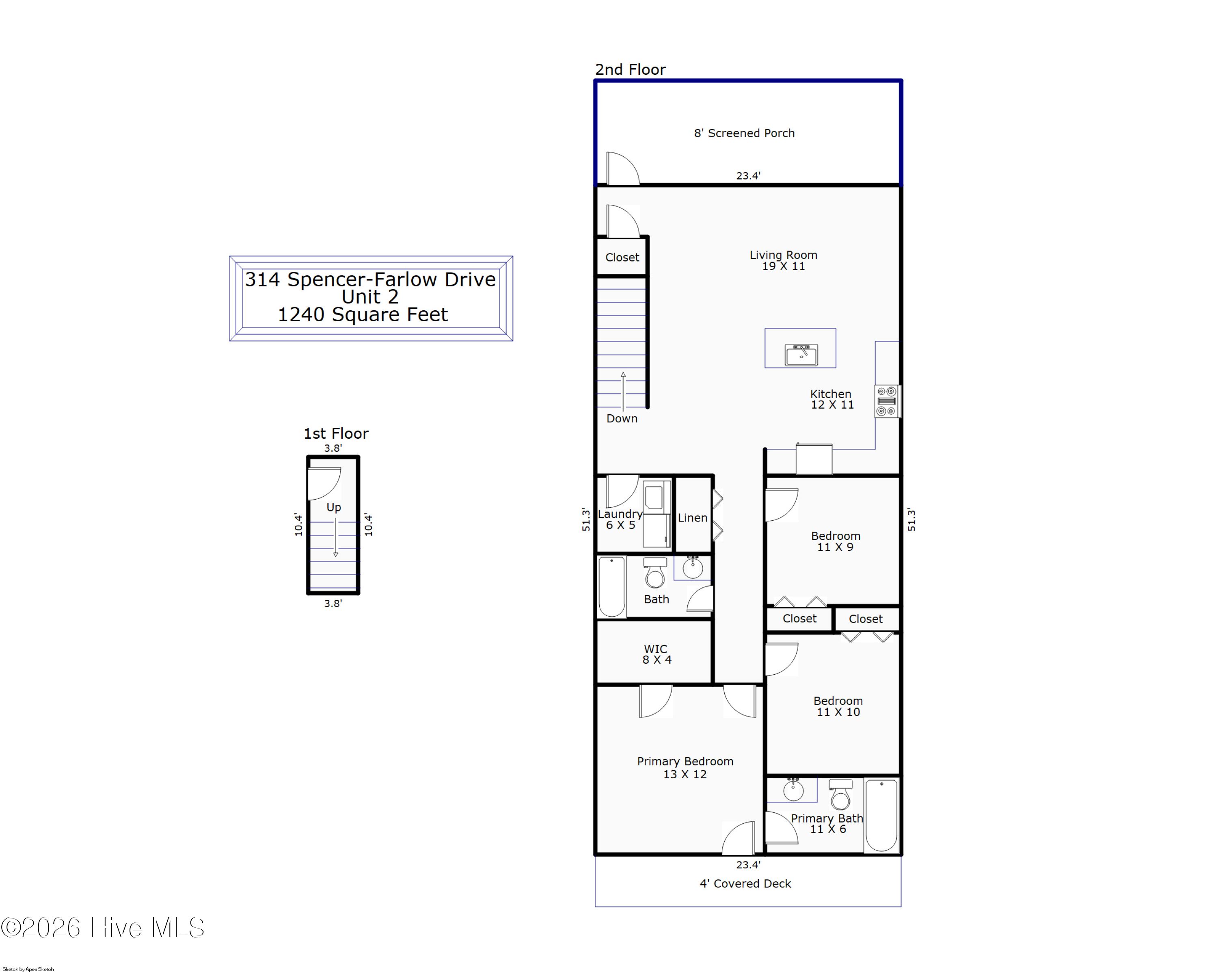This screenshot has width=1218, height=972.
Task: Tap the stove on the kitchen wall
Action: tap(886, 401)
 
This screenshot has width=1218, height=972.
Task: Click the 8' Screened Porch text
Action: tap(744, 133)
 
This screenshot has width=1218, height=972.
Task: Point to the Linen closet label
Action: tap(692, 517)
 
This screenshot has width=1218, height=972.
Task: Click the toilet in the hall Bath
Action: tap(655, 573)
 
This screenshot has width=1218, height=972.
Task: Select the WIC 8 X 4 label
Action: tap(657, 654)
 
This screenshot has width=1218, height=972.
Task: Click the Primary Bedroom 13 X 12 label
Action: tap(685, 767)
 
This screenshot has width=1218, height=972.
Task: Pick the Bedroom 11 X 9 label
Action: tap(835, 541)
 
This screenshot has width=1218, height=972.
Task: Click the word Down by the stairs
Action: tap(622, 419)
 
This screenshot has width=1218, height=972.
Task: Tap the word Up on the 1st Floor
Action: tap(333, 507)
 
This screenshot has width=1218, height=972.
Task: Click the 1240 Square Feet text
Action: tap(363, 315)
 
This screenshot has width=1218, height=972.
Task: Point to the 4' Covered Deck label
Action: tap(745, 883)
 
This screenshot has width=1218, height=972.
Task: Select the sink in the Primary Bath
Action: tap(793, 790)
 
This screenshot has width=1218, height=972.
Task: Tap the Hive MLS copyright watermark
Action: tap(103, 928)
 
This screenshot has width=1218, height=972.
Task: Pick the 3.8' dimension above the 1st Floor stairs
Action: tap(333, 448)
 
